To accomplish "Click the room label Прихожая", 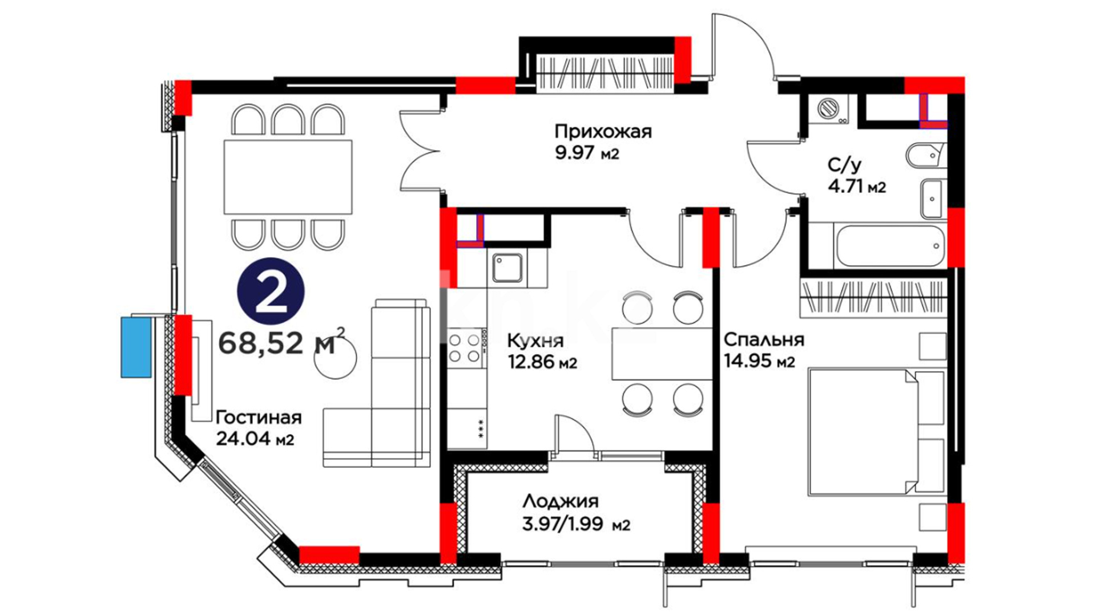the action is (603, 132).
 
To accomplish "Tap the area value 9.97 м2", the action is (587, 153).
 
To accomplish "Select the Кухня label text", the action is (535, 341).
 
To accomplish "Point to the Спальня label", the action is (764, 340).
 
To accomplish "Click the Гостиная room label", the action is (259, 418).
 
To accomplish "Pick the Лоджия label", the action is (561, 502).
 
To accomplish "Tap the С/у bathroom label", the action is (844, 165).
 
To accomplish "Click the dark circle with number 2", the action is (271, 292).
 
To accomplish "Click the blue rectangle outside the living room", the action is (136, 347).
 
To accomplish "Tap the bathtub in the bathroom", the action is (889, 246).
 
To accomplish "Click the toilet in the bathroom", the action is (925, 155).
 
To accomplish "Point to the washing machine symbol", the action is (829, 110).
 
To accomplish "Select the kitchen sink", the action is (507, 268).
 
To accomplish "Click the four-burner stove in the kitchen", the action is (465, 348).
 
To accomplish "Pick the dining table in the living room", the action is (288, 177).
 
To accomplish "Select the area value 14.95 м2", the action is (759, 361).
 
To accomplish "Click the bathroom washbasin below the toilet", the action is (932, 198).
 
